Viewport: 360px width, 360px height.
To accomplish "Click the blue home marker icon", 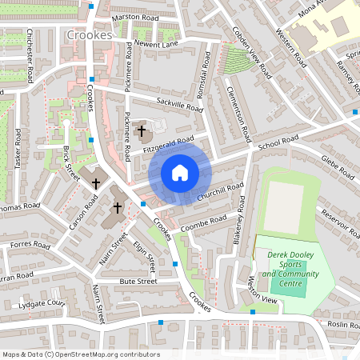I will click(179, 173).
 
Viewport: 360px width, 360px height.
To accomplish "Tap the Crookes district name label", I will click(89, 35).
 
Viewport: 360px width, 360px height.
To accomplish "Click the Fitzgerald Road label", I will click(169, 143).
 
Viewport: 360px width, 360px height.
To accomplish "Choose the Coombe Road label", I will click(202, 219).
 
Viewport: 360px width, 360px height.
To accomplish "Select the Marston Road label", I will click(135, 17).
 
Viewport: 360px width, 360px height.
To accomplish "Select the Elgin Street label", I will click(145, 256).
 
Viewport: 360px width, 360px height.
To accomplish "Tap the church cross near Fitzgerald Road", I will click(142, 130).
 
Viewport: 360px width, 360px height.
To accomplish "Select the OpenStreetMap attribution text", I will click(81, 354).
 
